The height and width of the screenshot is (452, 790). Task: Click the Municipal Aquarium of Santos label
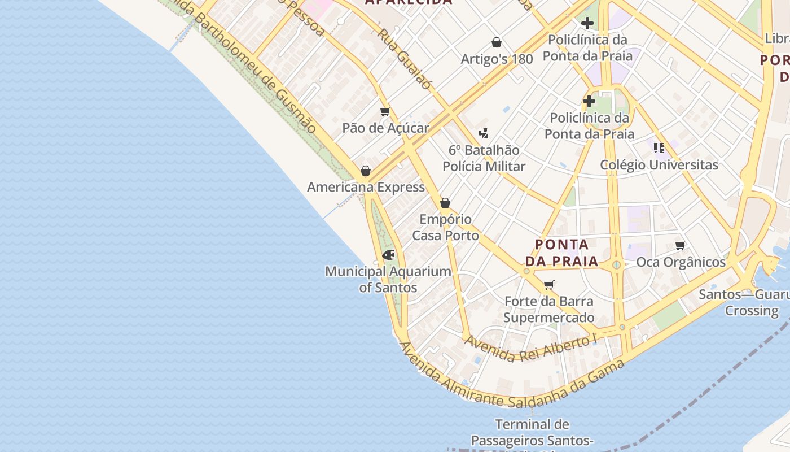388,279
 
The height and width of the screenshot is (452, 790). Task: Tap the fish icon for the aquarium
388,255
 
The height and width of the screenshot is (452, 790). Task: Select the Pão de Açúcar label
385,128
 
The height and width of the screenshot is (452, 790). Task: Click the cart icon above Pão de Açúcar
385,111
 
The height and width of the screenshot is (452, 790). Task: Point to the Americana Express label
366,187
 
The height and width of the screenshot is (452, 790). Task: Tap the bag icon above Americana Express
366,171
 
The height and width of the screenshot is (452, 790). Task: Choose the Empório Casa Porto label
445,227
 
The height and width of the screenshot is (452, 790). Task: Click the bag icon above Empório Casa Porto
445,203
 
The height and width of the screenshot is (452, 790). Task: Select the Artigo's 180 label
497,59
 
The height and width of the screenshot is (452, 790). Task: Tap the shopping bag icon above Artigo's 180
497,42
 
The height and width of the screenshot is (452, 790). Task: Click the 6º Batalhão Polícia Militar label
484,158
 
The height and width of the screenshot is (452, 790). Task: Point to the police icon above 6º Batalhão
484,133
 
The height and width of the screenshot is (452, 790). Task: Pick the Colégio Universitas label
659,165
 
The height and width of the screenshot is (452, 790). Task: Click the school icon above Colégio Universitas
659,148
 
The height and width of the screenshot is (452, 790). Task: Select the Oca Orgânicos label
681,262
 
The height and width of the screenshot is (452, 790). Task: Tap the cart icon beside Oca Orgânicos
681,246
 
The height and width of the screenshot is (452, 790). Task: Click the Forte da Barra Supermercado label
548,309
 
